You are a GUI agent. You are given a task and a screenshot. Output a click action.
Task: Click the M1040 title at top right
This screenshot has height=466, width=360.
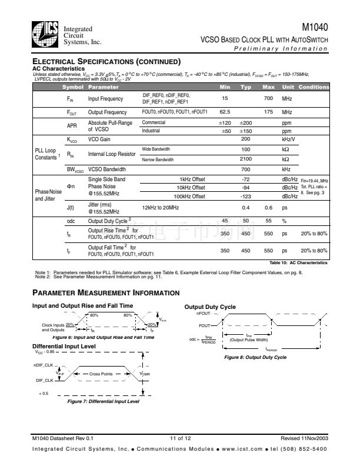(315, 27)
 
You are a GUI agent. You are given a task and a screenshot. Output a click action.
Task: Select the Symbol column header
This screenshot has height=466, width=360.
(73, 87)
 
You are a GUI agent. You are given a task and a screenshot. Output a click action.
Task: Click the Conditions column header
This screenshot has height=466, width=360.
(314, 87)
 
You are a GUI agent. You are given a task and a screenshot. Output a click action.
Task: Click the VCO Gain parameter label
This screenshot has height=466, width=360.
(100, 139)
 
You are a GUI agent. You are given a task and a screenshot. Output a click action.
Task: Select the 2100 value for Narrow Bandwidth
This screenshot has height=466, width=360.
(246, 159)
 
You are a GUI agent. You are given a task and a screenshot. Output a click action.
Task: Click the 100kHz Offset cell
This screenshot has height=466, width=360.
(189, 197)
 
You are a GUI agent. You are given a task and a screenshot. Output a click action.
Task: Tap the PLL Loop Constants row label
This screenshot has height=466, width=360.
(45, 154)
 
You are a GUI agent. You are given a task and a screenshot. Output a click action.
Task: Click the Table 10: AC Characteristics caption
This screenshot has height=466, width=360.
(298, 262)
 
